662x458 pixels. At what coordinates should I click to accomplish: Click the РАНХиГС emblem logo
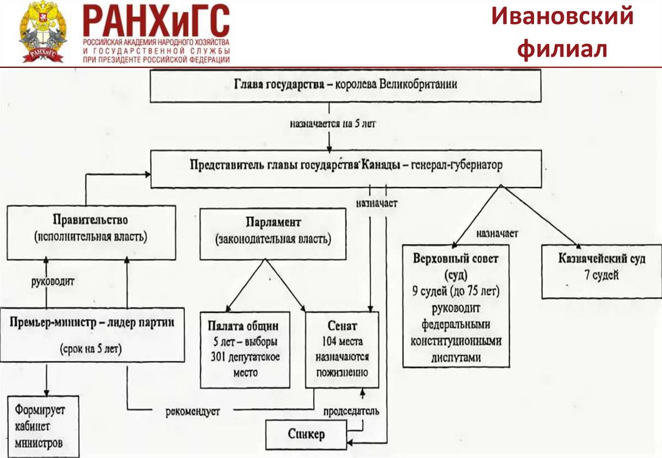coord(43,32)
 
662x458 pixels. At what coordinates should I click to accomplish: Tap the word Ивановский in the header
coord(561,17)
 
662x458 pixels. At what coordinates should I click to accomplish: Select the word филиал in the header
coord(561,49)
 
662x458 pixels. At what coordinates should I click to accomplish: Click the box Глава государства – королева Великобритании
coord(345,86)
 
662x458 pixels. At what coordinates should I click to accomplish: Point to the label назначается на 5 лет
coord(330,123)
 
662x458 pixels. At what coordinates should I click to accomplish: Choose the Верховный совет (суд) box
coord(460,307)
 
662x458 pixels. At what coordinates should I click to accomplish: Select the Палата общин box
coord(243,349)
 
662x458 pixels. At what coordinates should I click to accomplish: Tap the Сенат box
coord(342,349)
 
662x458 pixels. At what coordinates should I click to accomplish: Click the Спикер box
coord(307,434)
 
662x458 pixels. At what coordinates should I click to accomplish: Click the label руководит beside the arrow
coord(53,282)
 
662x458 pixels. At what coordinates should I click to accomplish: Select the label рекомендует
coord(193,411)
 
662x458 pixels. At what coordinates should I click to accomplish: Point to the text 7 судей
coord(601,276)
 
